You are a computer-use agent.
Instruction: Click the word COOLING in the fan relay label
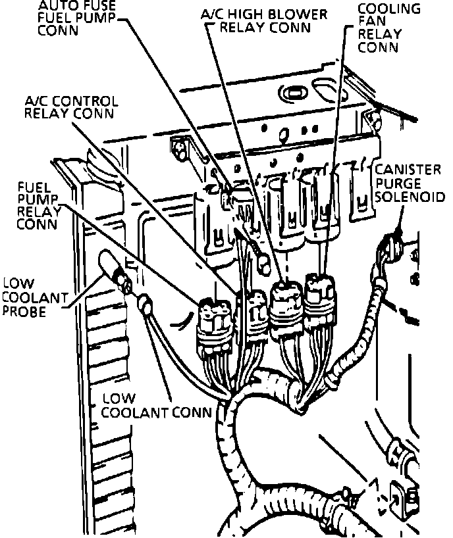tap(398, 9)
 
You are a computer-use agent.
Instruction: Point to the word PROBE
tap(24, 310)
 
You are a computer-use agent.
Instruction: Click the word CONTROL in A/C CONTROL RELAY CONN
tap(88, 101)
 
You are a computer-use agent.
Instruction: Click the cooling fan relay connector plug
tap(320, 296)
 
